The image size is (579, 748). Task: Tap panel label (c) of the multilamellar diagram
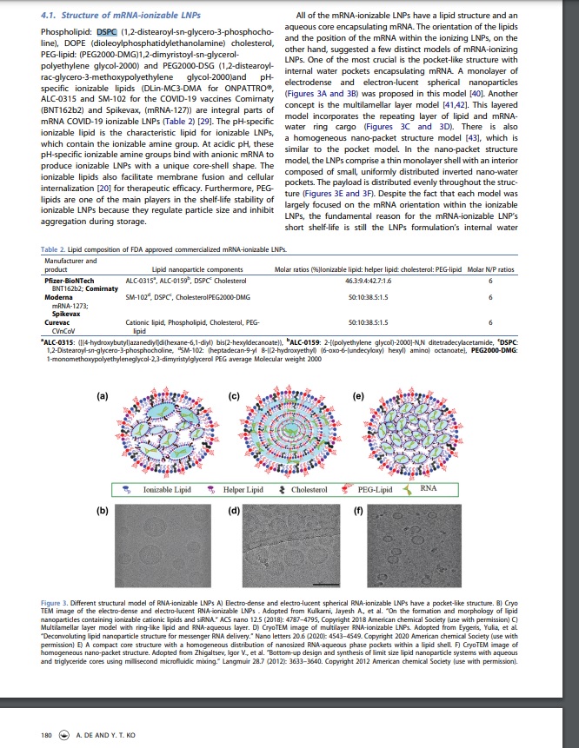[x=234, y=396]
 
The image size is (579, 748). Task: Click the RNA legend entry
[x=428, y=489]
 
